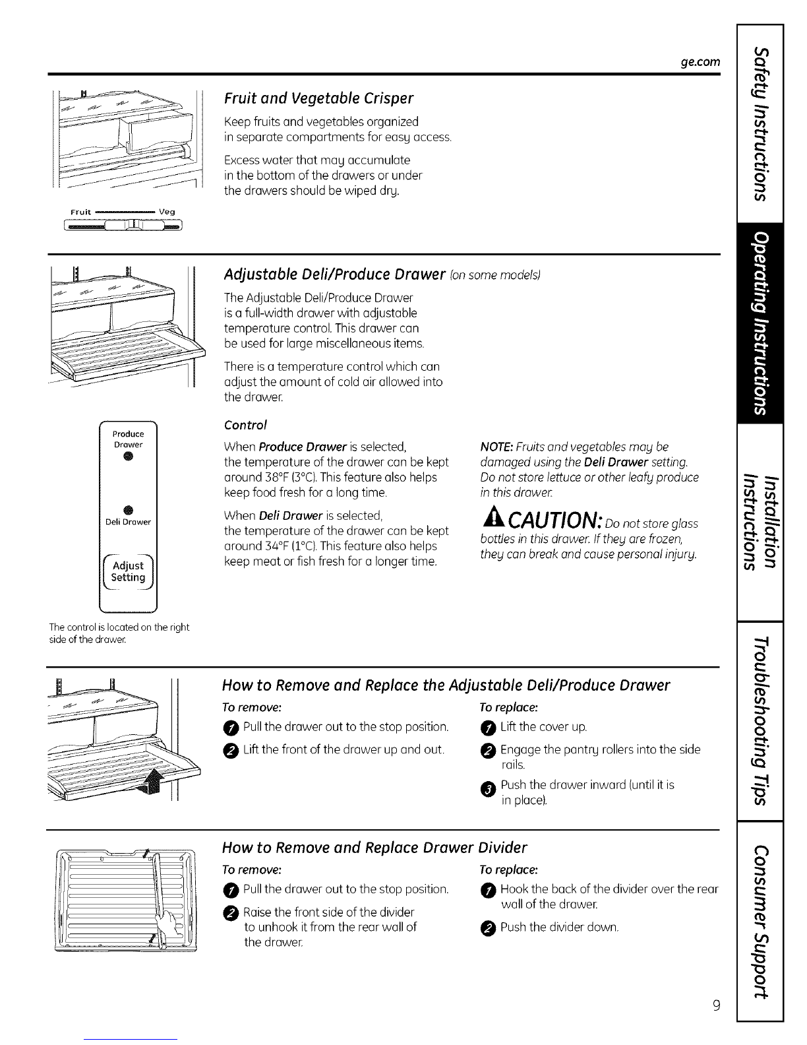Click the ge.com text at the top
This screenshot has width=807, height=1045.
(699, 61)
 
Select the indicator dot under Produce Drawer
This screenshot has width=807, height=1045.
(129, 459)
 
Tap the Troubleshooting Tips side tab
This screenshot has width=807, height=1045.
(761, 721)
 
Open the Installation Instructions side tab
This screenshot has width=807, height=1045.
(761, 523)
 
